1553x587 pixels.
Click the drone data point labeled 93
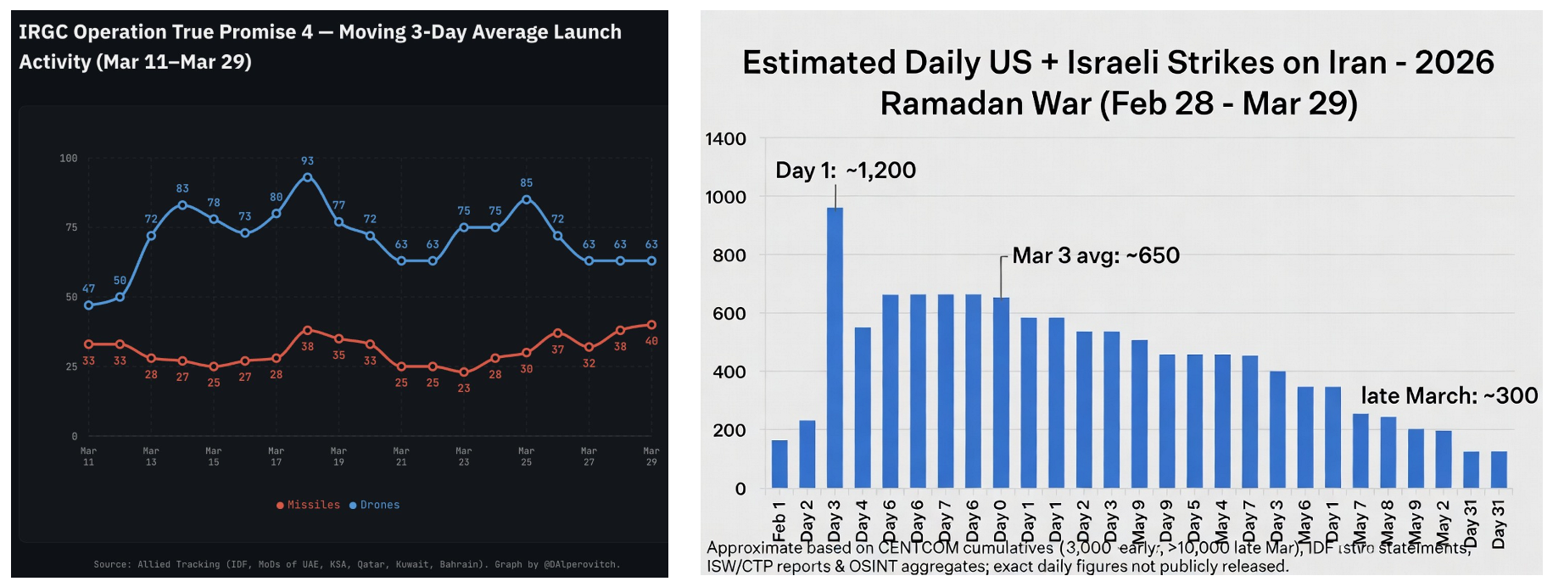coord(307,177)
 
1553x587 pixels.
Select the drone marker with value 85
coord(527,199)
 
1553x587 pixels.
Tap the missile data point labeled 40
coord(651,325)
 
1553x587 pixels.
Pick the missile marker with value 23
coord(464,372)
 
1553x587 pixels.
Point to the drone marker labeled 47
coord(89,305)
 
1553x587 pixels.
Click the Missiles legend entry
coord(308,505)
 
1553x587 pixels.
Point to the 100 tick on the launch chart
coord(69,159)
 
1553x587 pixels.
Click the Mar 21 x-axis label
coord(401,456)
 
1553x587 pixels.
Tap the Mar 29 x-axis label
coord(651,456)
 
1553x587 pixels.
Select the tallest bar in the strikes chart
coord(835,348)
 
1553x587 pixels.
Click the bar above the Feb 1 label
coord(779,464)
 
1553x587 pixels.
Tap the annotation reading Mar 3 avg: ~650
coord(1095,255)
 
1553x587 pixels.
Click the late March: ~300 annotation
coord(1449,395)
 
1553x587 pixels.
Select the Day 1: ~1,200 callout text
coord(845,171)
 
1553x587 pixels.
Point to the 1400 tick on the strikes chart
coord(725,139)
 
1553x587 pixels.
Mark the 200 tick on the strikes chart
coord(729,430)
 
